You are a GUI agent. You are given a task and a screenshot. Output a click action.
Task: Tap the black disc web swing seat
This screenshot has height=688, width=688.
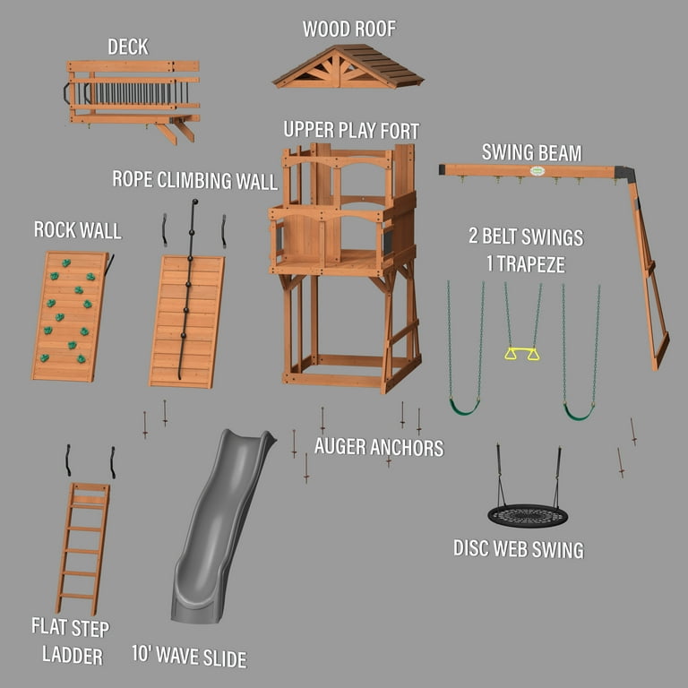(528, 516)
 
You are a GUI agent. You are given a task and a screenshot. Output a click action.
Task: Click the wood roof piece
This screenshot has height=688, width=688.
(348, 68)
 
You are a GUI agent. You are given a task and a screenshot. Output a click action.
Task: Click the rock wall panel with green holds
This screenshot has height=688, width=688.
(70, 316)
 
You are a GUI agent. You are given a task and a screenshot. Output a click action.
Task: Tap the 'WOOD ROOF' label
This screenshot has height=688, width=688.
(348, 29)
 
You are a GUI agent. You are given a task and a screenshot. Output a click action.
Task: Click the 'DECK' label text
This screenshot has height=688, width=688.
(128, 47)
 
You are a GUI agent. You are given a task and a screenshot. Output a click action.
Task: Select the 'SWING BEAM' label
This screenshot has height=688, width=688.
(531, 151)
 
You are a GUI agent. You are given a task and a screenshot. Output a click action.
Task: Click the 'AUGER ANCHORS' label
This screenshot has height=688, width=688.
(379, 446)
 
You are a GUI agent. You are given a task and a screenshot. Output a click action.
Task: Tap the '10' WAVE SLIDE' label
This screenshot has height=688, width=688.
(188, 658)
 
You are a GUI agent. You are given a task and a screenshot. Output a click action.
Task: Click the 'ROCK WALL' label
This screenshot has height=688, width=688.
(78, 230)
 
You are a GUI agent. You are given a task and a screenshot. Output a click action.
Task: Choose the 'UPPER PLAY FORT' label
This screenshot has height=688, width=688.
(351, 130)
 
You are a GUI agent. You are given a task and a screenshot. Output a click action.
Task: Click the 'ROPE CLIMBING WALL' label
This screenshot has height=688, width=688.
(194, 179)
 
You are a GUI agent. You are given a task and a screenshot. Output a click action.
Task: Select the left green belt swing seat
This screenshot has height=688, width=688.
(464, 408)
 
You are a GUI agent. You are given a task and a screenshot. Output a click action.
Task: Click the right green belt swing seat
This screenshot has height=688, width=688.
(579, 412)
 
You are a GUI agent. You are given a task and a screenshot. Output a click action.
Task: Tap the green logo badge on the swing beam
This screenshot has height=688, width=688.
(537, 170)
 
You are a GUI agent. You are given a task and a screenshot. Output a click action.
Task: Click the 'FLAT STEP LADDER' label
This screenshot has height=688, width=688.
(72, 641)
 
